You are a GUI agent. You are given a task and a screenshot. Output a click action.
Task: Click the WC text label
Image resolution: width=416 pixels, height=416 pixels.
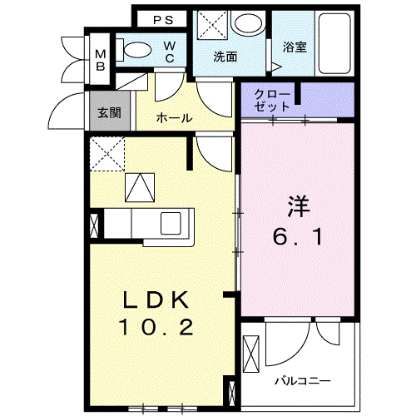[x=168, y=52]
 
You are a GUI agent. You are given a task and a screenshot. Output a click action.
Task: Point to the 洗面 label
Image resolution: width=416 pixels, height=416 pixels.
[x=225, y=57]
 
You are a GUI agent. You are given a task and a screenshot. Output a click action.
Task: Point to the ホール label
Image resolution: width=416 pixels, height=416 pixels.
[x=175, y=118]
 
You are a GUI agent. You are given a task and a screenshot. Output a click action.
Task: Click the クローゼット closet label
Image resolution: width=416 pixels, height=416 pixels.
[x=273, y=101]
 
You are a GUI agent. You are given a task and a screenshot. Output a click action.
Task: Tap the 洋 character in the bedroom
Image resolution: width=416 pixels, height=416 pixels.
[x=299, y=205]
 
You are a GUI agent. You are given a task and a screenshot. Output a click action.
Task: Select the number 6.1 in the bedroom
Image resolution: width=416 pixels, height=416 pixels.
[x=299, y=236]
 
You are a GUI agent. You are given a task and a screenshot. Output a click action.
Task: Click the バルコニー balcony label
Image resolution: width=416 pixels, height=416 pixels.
[x=303, y=380]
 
